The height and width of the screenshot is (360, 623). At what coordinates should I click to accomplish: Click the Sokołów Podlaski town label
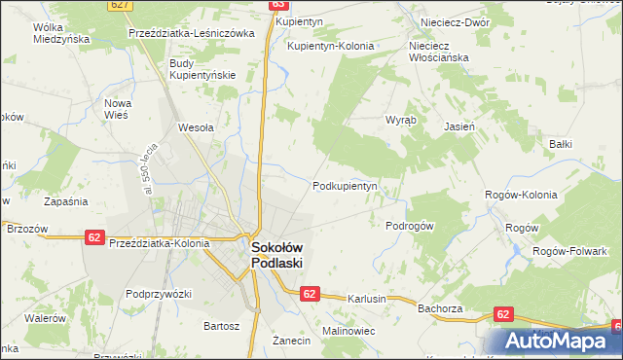point(277,255)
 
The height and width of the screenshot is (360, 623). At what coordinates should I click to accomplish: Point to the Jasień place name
point(458,126)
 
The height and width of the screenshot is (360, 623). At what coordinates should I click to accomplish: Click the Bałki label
point(560,144)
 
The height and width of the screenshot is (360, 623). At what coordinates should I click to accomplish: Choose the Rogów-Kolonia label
point(521,195)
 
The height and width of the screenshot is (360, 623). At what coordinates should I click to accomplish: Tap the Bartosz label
point(220,325)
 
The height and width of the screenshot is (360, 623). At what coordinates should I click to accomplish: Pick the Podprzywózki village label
point(159,293)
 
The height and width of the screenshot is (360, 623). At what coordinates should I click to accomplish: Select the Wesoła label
point(196,126)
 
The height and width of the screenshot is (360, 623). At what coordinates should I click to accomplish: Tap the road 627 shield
point(120,5)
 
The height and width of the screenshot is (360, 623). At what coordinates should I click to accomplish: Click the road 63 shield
point(276,5)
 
